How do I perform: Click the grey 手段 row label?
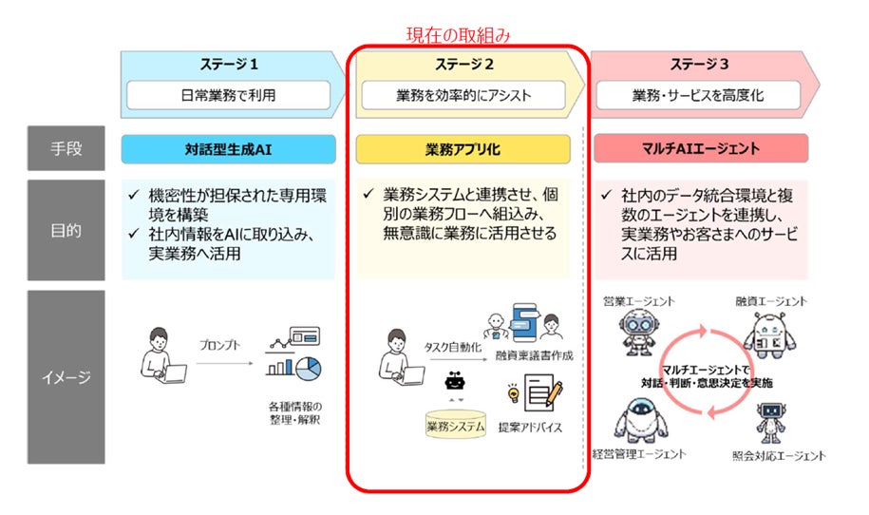(66, 148)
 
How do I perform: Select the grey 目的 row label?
(66, 229)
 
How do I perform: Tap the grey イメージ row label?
(66, 376)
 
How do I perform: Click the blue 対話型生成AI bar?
(228, 148)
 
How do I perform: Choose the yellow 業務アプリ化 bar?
(463, 148)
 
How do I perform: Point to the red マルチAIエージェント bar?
(700, 148)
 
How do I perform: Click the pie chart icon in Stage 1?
(308, 367)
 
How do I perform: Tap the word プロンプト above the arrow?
(219, 345)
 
